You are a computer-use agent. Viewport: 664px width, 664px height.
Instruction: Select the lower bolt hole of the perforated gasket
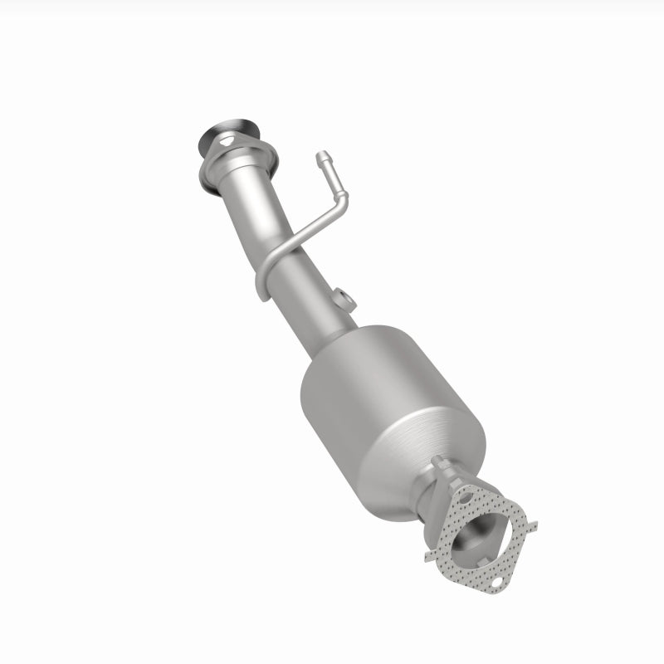coord(496,584)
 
